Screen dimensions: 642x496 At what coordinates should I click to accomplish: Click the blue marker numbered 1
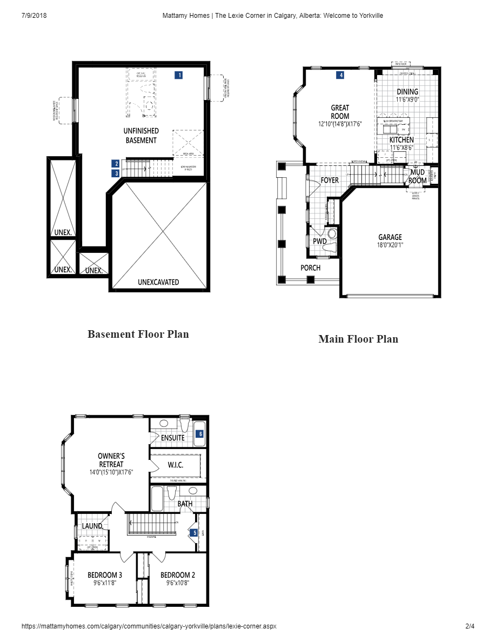point(179,75)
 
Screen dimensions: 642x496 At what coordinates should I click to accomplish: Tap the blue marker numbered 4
point(340,75)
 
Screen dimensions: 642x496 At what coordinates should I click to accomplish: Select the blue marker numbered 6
point(200,433)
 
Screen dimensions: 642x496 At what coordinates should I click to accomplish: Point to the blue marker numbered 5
point(195,533)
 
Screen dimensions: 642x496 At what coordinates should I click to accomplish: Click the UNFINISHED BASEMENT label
point(141,136)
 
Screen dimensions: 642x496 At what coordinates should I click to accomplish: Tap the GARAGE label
point(390,237)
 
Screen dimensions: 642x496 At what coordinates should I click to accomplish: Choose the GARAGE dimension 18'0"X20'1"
point(390,245)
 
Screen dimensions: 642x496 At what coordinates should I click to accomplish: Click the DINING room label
point(407,92)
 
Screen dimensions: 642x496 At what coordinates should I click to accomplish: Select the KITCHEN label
point(401,140)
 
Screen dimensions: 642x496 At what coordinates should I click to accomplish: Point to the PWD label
point(320,241)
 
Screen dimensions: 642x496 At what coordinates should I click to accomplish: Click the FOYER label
point(330,180)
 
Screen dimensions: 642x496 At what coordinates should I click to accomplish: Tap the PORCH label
point(310,268)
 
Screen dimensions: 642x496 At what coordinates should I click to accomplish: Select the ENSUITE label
point(173,438)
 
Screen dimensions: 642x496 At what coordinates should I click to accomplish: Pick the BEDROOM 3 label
point(105,575)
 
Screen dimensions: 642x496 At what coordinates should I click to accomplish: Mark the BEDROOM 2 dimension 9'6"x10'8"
point(178,583)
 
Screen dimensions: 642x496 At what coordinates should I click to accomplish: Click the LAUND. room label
point(92,526)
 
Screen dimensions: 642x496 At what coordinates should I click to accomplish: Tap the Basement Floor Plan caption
point(138,334)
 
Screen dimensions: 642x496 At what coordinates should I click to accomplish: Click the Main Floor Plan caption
point(358,339)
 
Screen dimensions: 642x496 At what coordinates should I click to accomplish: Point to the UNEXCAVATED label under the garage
point(158,282)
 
